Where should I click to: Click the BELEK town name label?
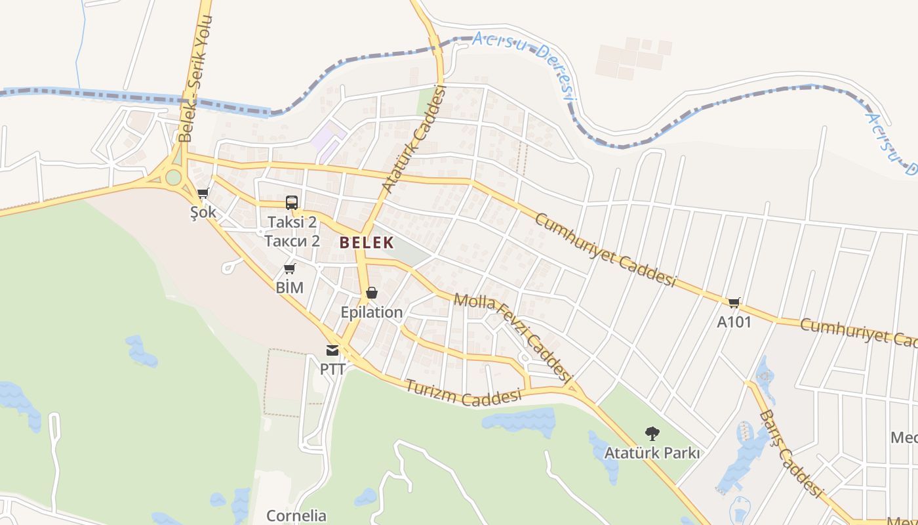click(x=367, y=243)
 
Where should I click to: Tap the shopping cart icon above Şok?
click(x=203, y=194)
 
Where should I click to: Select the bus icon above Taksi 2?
click(x=292, y=203)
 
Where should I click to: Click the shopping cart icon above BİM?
click(x=289, y=268)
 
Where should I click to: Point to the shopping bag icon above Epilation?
click(x=372, y=293)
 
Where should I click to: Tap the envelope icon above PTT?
click(x=332, y=350)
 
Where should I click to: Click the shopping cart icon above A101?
click(x=734, y=303)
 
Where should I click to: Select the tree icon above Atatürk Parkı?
click(x=652, y=433)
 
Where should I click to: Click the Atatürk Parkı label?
click(x=652, y=453)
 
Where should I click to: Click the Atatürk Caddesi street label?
click(x=414, y=140)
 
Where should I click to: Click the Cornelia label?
click(x=296, y=515)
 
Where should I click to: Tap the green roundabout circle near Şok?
click(x=173, y=177)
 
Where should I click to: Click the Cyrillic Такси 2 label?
click(x=292, y=241)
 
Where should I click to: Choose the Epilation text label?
click(x=372, y=312)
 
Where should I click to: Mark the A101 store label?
click(x=734, y=322)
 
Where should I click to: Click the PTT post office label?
click(x=332, y=369)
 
